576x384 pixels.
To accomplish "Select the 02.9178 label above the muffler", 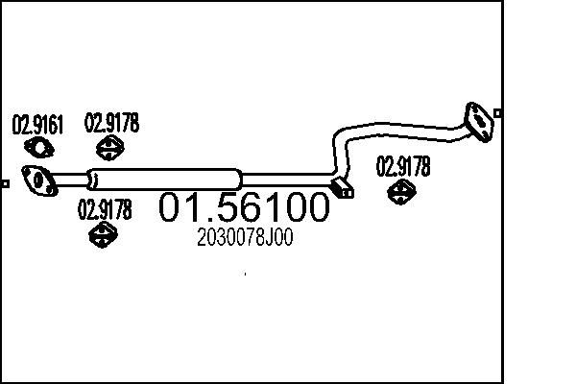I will tap(111, 123).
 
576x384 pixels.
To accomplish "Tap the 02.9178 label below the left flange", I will tap(104, 209).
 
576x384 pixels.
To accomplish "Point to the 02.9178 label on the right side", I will tap(402, 166).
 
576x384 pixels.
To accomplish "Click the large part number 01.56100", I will tap(244, 208).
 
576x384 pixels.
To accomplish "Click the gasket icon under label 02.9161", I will tap(37, 147).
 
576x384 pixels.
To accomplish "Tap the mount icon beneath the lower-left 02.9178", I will tap(102, 234).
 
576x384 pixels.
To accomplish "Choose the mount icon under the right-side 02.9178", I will tap(401, 192).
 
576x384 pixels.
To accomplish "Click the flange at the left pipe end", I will tap(38, 180).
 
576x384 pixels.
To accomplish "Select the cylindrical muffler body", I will tap(163, 179).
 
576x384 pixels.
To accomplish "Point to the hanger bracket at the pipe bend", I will tap(342, 187).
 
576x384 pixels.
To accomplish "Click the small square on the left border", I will tap(5, 182).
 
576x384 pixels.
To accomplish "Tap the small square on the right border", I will tap(499, 111).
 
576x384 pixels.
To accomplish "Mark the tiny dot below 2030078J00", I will tap(245, 274).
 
